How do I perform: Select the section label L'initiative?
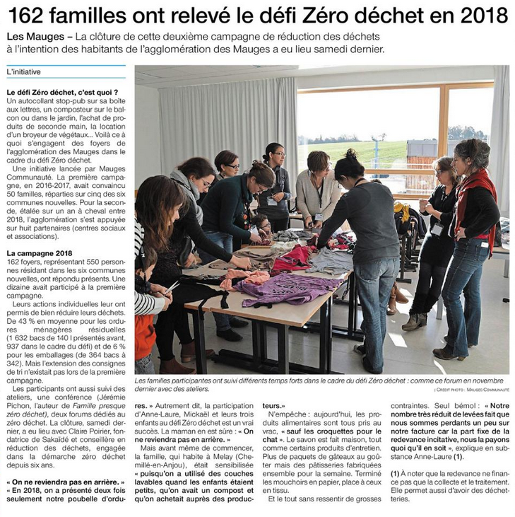click(24, 72)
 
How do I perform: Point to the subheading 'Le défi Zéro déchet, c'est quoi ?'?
click(62, 93)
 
